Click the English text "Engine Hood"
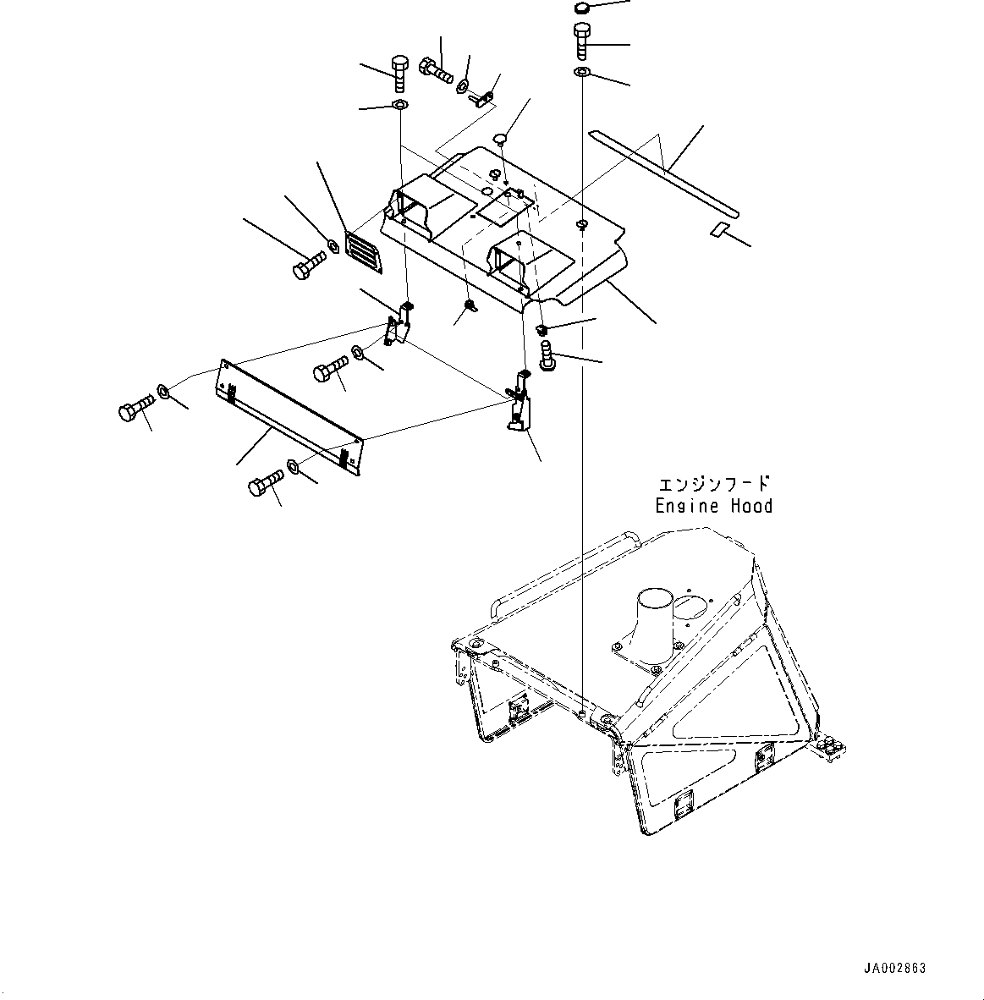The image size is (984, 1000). click(x=713, y=506)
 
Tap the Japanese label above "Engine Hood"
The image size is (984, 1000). click(x=714, y=484)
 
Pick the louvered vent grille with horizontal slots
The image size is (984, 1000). click(x=365, y=251)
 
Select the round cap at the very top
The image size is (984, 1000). click(x=581, y=8)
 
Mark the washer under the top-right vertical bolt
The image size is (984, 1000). click(x=581, y=73)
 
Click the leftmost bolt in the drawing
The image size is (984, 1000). click(x=134, y=410)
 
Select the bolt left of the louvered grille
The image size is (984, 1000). click(x=306, y=266)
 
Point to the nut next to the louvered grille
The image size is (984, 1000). click(x=333, y=246)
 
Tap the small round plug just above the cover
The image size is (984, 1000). click(x=501, y=137)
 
